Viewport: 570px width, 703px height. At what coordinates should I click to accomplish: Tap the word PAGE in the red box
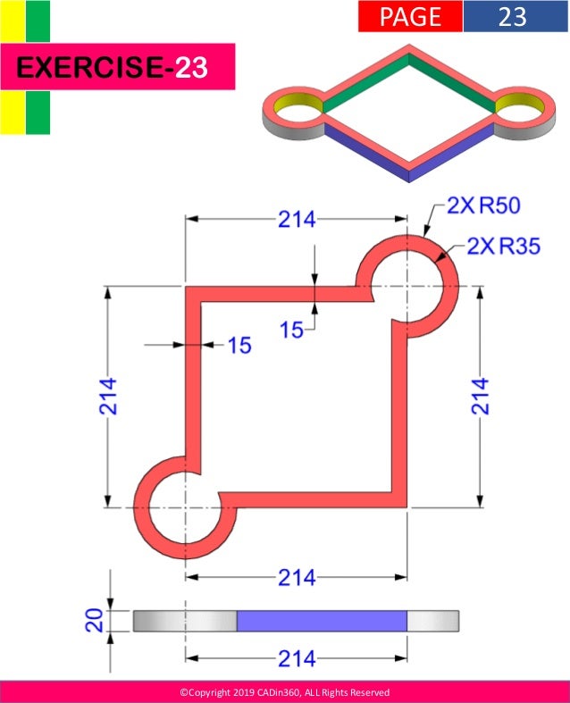pyautogui.click(x=410, y=16)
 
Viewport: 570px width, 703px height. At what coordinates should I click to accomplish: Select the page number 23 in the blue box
pyautogui.click(x=512, y=16)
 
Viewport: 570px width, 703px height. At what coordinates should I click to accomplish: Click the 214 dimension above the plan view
pyautogui.click(x=297, y=219)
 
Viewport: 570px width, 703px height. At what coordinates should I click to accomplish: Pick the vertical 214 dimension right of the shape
pyautogui.click(x=481, y=396)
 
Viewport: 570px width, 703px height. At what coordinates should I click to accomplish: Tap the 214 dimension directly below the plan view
pyautogui.click(x=297, y=578)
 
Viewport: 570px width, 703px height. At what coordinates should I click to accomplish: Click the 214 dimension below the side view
pyautogui.click(x=297, y=660)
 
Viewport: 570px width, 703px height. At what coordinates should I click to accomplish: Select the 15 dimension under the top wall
pyautogui.click(x=292, y=330)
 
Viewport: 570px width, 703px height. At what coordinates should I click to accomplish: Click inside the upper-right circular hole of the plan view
pyautogui.click(x=407, y=286)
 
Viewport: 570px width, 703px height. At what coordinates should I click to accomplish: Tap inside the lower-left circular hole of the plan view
pyautogui.click(x=185, y=508)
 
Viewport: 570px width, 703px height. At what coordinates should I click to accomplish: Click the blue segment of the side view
pyautogui.click(x=322, y=621)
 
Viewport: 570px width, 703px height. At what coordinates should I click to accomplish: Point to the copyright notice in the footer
pyautogui.click(x=284, y=692)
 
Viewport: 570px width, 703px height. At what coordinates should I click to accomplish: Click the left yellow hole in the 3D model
pyautogui.click(x=299, y=107)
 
